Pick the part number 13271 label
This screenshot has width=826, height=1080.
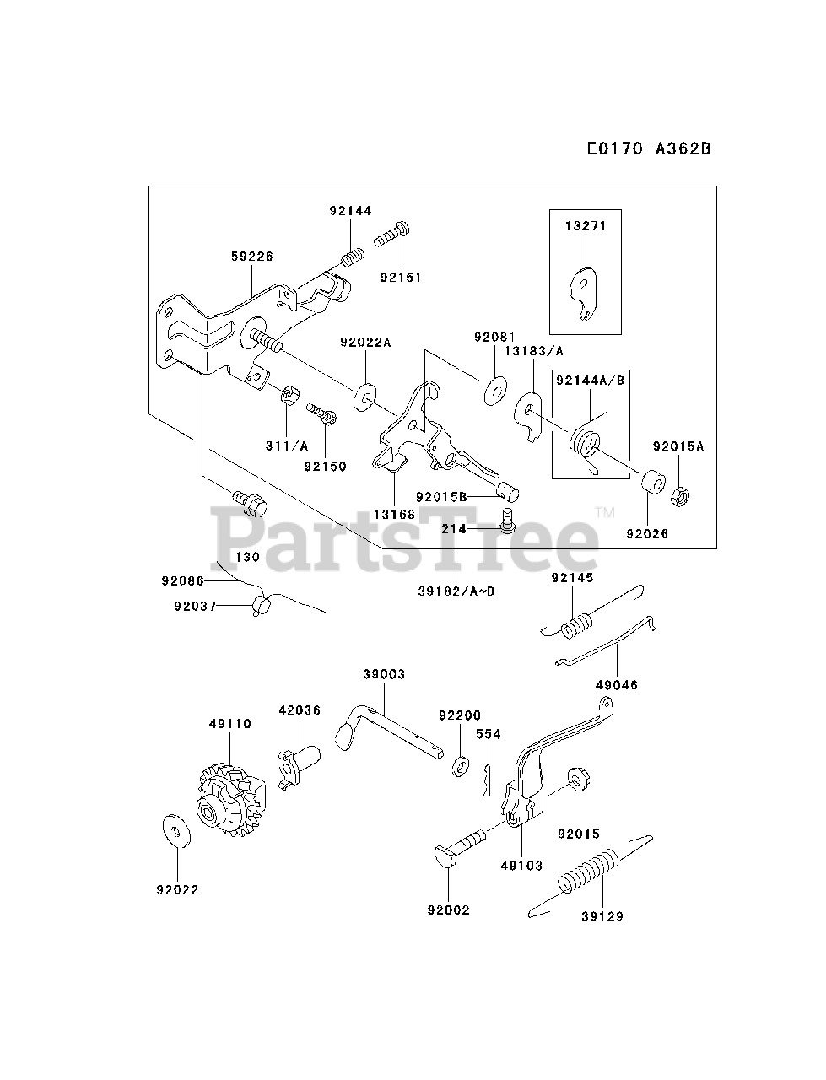pyautogui.click(x=585, y=226)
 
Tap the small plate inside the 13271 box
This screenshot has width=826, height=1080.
pyautogui.click(x=583, y=292)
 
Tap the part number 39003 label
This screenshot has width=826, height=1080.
pyautogui.click(x=384, y=674)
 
